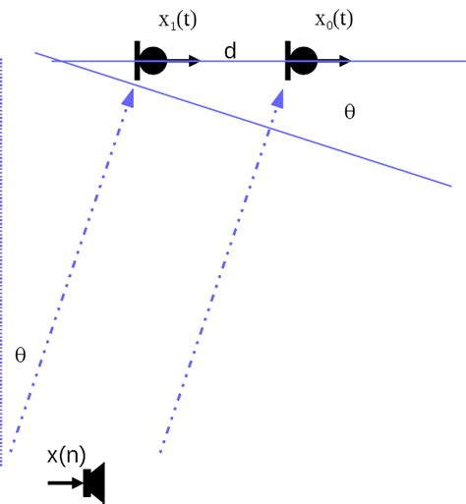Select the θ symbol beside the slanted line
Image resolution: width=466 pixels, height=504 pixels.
pyautogui.click(x=349, y=111)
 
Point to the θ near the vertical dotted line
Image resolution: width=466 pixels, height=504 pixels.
pyautogui.click(x=20, y=355)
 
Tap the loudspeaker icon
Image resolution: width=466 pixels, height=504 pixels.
pyautogui.click(x=95, y=482)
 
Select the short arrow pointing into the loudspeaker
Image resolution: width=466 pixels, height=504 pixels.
pyautogui.click(x=63, y=482)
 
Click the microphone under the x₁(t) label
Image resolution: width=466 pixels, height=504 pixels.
pyautogui.click(x=149, y=61)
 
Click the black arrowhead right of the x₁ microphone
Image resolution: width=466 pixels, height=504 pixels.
pyautogui.click(x=195, y=61)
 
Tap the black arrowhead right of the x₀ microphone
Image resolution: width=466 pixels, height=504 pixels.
pyautogui.click(x=345, y=61)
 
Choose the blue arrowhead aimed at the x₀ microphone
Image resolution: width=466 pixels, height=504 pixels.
pyautogui.click(x=283, y=96)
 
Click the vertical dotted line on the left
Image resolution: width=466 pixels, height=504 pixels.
pyautogui.click(x=3, y=255)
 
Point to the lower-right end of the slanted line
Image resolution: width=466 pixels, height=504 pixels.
pyautogui.click(x=450, y=185)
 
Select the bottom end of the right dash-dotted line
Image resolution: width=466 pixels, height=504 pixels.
pyautogui.click(x=160, y=453)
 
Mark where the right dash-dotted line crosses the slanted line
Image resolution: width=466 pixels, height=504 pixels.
pyautogui.click(x=271, y=128)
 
